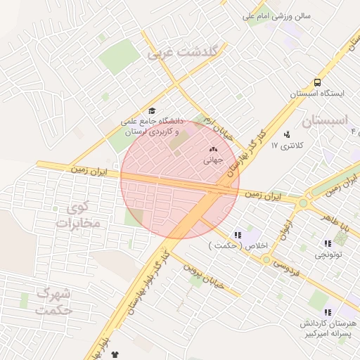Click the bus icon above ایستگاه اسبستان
tap(318, 82)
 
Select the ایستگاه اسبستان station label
tap(319, 94)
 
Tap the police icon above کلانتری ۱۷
tap(287, 134)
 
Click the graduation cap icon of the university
tap(152, 110)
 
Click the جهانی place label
tap(213, 160)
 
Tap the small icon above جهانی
tap(214, 149)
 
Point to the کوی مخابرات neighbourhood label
tap(77, 216)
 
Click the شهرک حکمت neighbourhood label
tap(53, 300)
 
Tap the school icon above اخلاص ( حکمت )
tap(238, 234)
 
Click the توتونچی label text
tap(328, 255)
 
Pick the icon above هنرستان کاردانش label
tap(328, 312)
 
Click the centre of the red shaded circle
tap(179, 179)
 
